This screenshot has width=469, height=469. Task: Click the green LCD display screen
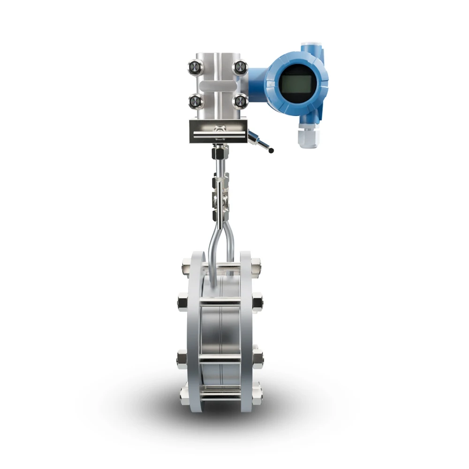point(296,84)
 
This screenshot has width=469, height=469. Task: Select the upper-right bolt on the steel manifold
point(240,67)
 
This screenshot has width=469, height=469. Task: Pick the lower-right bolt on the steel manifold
point(240,101)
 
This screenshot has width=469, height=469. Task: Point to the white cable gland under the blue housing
point(308,137)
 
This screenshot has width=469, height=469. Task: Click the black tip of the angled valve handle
point(271,151)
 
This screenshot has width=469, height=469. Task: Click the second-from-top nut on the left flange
point(183,302)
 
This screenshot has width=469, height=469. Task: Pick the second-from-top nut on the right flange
point(257,302)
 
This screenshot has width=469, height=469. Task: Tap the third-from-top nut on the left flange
point(182,359)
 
